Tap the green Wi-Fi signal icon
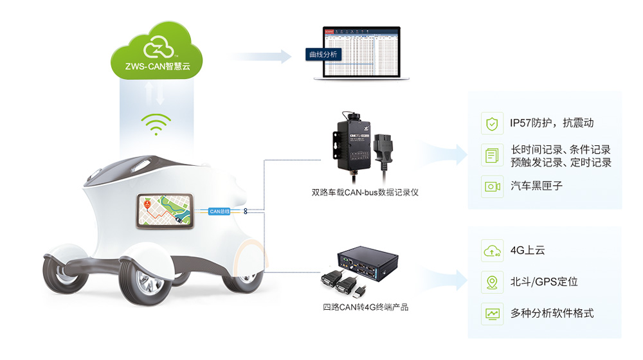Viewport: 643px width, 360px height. pyautogui.click(x=156, y=124)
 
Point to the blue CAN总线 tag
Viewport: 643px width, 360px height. pyautogui.click(x=220, y=211)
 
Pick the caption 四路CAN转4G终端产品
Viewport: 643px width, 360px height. pyautogui.click(x=365, y=307)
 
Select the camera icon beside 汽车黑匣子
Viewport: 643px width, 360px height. pyautogui.click(x=492, y=186)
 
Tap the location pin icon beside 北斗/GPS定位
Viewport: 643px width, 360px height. pyautogui.click(x=492, y=282)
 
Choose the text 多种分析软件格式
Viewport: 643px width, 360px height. pyautogui.click(x=551, y=314)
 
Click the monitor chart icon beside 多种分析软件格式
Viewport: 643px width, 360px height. pyautogui.click(x=492, y=314)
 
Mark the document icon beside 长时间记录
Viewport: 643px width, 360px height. pyautogui.click(x=492, y=155)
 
